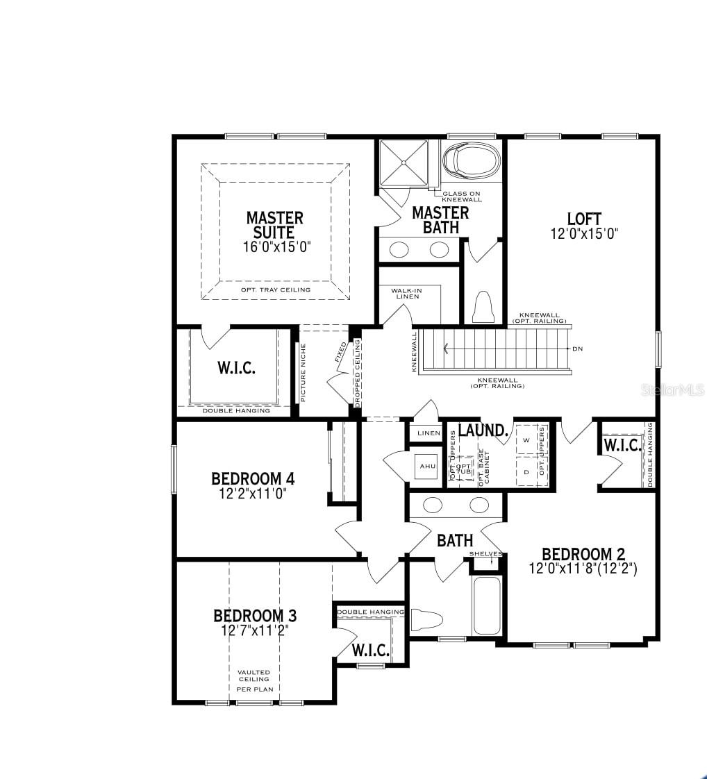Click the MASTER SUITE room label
point(274,226)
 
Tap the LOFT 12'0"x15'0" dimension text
point(584,234)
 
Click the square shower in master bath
point(404,163)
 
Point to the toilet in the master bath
point(482,306)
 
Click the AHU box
point(427,466)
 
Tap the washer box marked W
point(526,440)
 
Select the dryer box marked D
point(526,472)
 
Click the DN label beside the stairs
point(577,349)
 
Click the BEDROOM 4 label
point(253,479)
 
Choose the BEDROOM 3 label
point(255,616)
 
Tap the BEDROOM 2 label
point(583,554)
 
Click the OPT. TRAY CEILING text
point(276,290)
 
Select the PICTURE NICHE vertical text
point(303,373)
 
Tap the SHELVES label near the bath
point(485,554)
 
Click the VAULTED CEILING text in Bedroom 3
point(253,676)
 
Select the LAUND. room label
point(483,430)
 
